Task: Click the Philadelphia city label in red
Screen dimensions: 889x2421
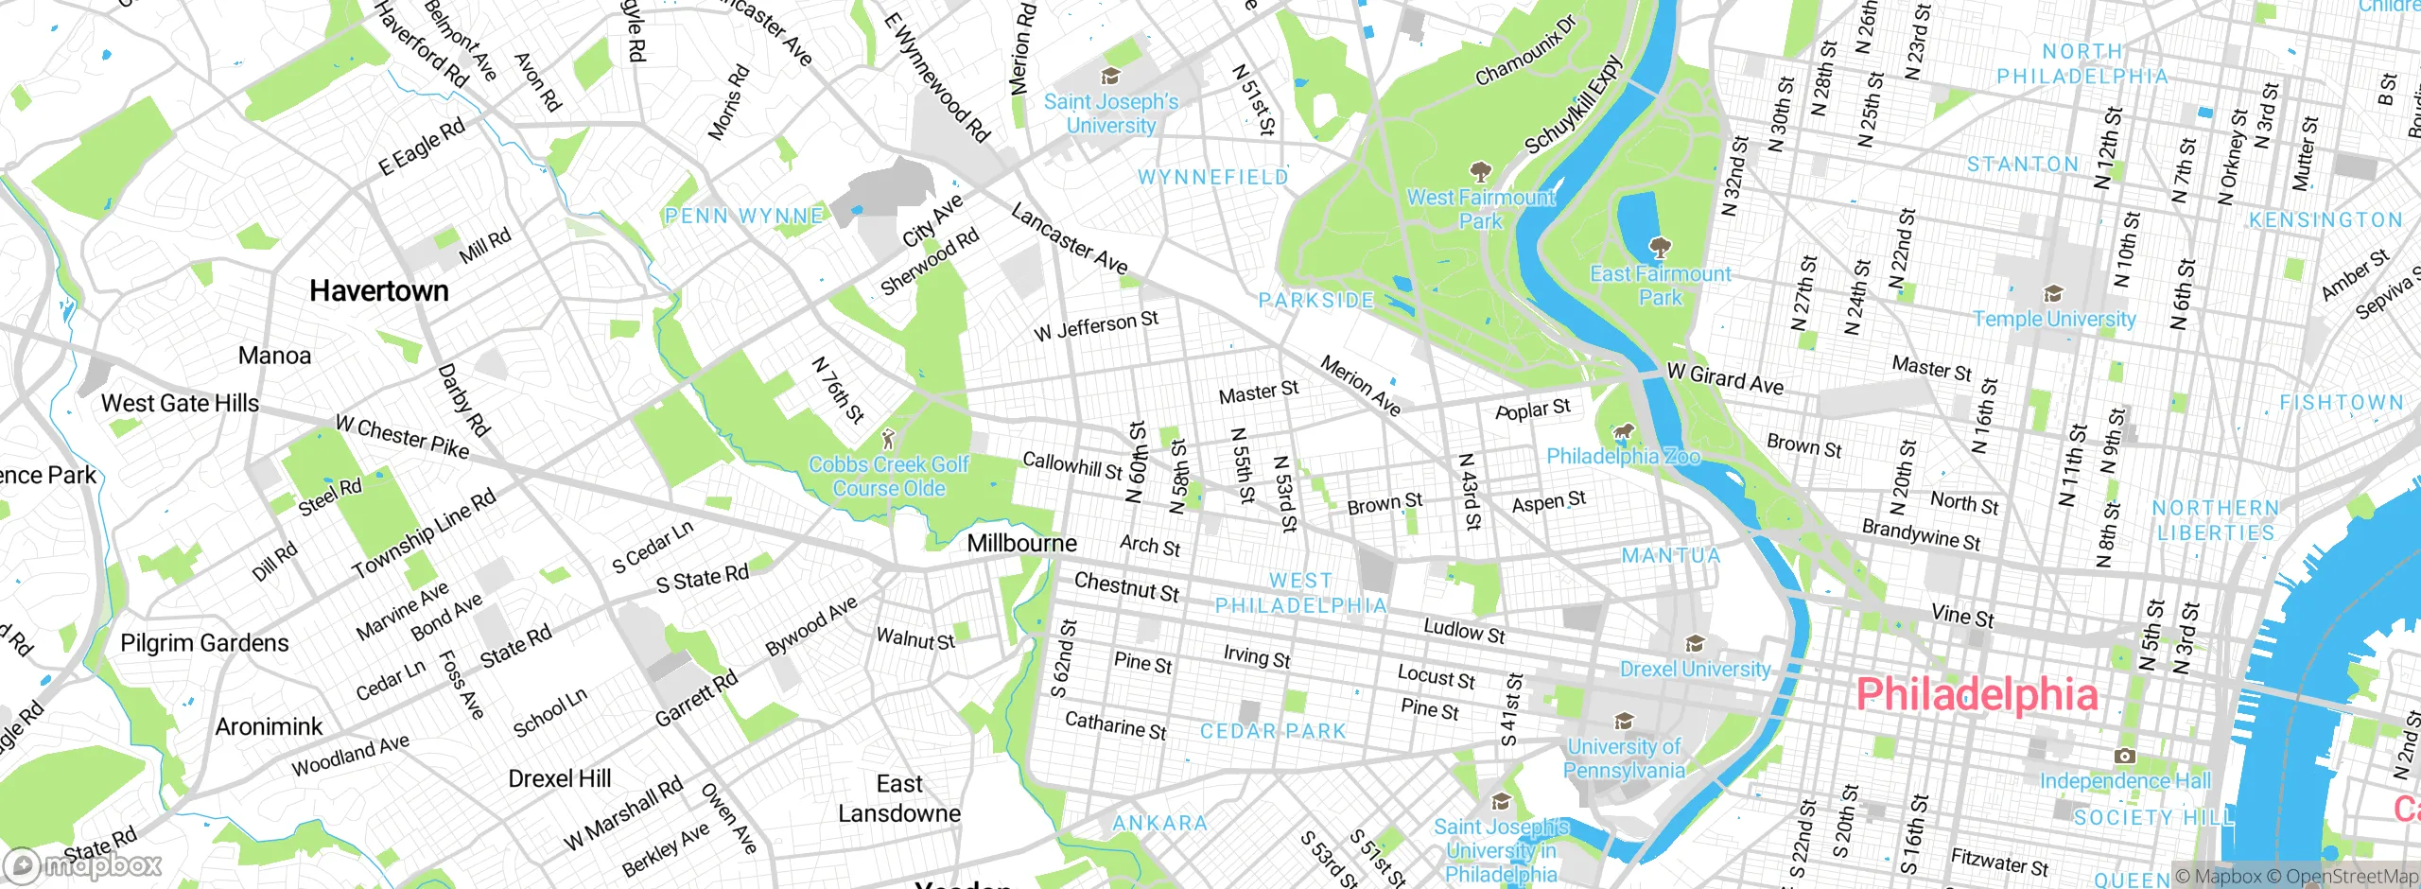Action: (1977, 695)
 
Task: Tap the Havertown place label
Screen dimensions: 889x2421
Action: (378, 290)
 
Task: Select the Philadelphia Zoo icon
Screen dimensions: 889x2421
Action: (1623, 434)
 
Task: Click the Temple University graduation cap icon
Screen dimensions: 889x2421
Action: (2052, 294)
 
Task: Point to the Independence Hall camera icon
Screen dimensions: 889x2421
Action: (2124, 756)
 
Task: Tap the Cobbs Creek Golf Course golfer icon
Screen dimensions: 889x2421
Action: (887, 440)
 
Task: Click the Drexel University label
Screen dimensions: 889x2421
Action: (1695, 670)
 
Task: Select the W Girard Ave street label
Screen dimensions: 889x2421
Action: (1725, 378)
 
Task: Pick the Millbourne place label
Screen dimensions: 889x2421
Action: (1021, 543)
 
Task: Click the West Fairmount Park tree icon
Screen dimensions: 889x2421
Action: (1479, 173)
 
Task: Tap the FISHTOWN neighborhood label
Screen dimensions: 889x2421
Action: (2341, 403)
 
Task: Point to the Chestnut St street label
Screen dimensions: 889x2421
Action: (1126, 586)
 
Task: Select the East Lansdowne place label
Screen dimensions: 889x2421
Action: (898, 798)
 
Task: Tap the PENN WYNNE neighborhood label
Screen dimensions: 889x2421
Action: (743, 217)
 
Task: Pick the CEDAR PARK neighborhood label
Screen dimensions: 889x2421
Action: (1272, 731)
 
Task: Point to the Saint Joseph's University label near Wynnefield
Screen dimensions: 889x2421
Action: (1111, 113)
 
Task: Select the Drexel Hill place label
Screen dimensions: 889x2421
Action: (559, 778)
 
